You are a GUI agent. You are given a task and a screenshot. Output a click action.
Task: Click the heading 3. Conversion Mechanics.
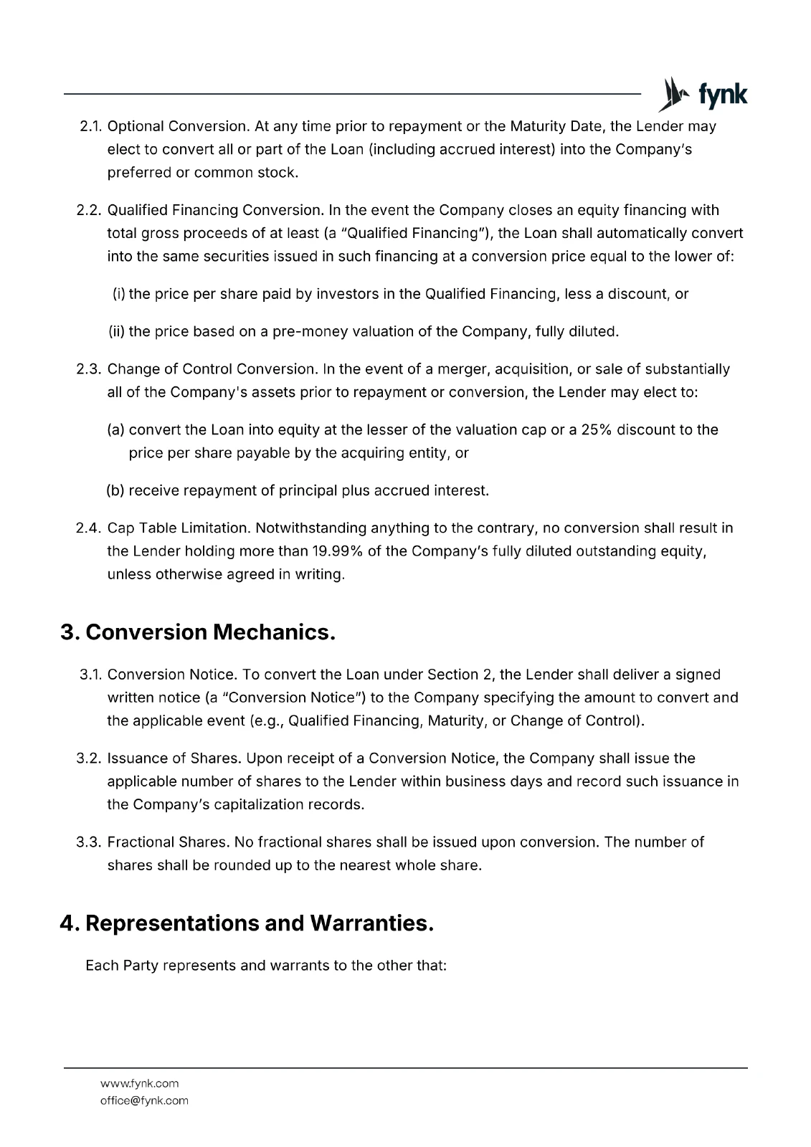coord(198,632)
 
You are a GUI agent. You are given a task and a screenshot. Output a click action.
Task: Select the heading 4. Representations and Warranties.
coord(247,923)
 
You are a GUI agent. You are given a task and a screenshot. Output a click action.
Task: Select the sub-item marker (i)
coord(119,294)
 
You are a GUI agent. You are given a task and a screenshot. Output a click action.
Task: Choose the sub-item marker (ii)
coord(117,332)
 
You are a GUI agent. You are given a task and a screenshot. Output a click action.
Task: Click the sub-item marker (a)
coord(116,430)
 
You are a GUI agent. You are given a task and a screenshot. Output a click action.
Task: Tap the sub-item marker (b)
coord(116,491)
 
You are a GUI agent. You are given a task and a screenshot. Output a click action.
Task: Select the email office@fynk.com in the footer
coord(144,1100)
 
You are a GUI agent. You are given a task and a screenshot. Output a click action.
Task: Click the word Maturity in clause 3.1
coord(455,720)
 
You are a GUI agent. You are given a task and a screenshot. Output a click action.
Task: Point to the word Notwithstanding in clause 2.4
coord(310,528)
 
